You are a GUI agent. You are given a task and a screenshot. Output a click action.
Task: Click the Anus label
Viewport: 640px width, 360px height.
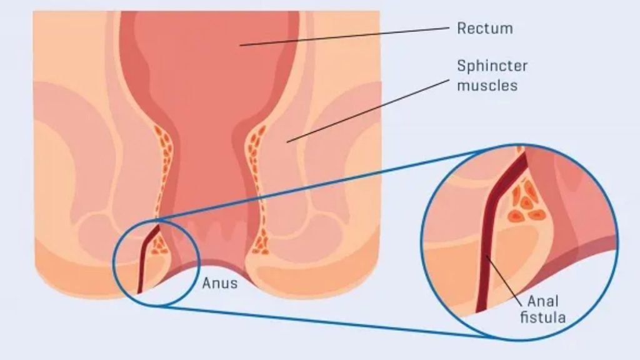coord(219,283)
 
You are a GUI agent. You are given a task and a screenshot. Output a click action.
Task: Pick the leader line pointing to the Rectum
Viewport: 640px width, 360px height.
coord(344,36)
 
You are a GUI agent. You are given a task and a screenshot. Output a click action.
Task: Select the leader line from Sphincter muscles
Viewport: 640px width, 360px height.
coord(369,110)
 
